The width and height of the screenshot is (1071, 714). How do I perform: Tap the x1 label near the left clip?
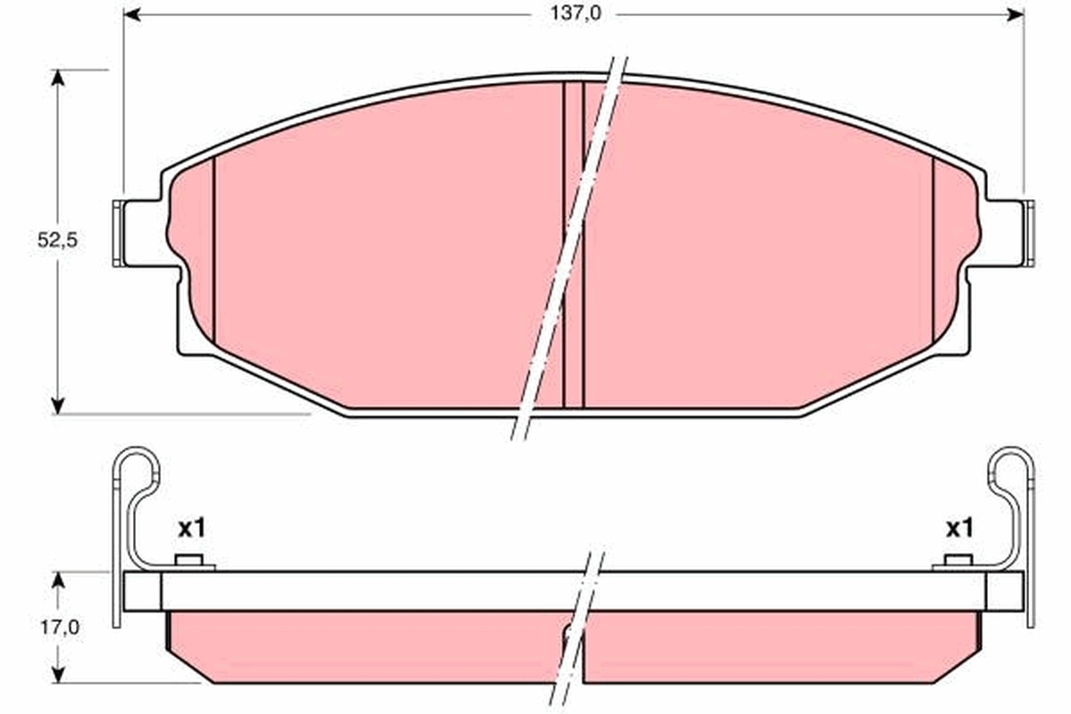click(191, 528)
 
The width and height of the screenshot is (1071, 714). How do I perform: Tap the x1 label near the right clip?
click(959, 528)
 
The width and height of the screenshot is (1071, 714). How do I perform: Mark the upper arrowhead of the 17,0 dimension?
click(59, 581)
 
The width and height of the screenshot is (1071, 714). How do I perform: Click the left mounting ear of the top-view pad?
click(138, 234)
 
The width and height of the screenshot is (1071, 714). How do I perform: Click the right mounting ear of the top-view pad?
click(1009, 234)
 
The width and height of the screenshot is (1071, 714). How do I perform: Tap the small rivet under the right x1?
click(957, 562)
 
